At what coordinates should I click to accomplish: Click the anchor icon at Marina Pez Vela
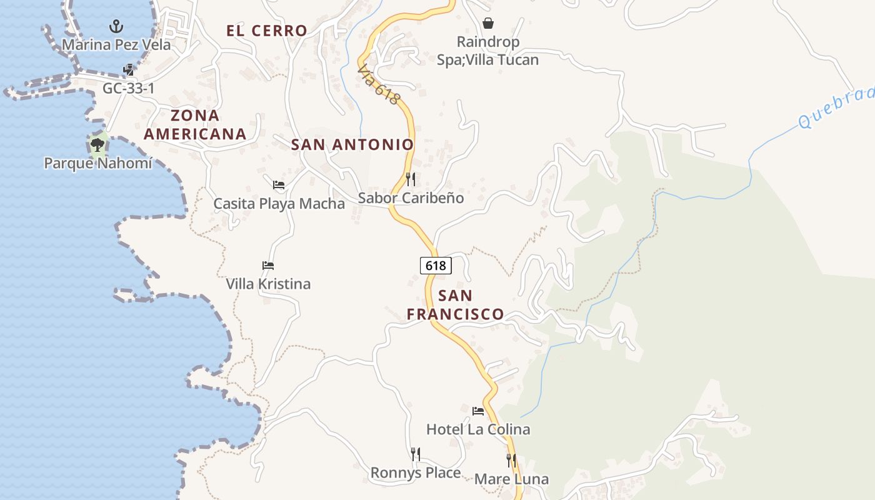[116, 26]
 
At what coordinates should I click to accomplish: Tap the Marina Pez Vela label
[116, 45]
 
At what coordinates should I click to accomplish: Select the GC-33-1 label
[128, 89]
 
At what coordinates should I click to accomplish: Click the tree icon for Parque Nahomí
[97, 145]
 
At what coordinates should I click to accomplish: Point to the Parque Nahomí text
[98, 164]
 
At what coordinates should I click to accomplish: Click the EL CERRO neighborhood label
[267, 31]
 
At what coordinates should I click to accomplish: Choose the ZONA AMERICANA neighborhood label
[195, 124]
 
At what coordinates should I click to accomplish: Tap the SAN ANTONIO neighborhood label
[352, 145]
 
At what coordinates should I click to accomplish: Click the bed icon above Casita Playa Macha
[279, 185]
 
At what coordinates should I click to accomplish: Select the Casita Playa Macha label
[279, 204]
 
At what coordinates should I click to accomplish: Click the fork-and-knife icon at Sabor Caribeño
[411, 179]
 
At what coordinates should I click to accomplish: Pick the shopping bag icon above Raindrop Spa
[488, 24]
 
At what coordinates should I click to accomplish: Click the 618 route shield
[436, 266]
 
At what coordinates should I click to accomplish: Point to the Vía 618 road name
[378, 86]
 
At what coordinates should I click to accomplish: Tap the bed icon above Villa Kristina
[268, 266]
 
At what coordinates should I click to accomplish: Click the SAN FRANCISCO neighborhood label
[456, 304]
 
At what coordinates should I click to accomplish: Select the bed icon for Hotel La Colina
[478, 411]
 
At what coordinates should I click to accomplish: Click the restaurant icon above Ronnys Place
[416, 454]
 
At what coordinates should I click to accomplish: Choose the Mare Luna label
[511, 479]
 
